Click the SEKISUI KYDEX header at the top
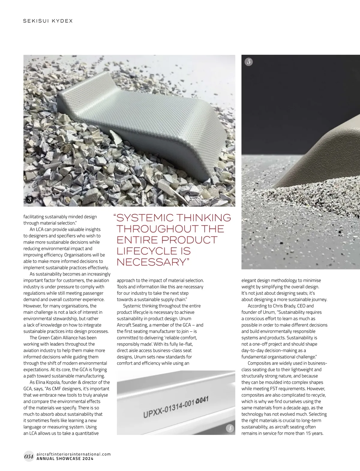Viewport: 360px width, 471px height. [48, 21]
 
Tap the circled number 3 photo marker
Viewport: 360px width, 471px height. [29, 200]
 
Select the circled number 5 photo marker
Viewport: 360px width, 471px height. [249, 62]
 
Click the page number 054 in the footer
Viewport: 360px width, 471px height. [28, 457]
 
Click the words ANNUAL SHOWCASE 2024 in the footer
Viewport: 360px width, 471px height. [64, 459]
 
